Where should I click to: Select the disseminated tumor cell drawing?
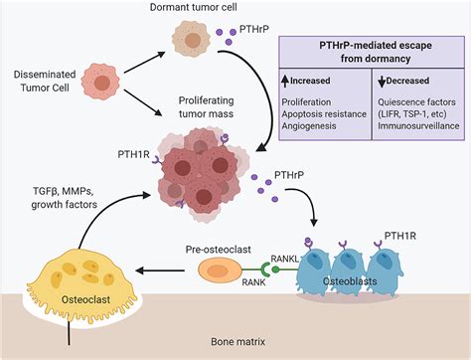coord(100,83)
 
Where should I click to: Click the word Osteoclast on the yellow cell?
coord(85,299)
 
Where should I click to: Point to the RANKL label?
coord(285,259)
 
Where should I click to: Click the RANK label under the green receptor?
coord(253,282)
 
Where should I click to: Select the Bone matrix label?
coord(238,341)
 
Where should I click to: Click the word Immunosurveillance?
coord(418,126)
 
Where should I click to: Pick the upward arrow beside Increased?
coord(285,82)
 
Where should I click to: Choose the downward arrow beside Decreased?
coord(382,82)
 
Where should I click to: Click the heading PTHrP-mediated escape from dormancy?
coord(376,52)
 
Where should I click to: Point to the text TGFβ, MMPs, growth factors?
coord(65,198)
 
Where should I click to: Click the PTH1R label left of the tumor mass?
coord(134,154)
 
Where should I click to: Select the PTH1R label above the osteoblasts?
coord(400,236)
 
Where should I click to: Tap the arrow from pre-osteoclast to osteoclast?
coord(160,270)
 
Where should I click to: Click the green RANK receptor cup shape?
coord(265,270)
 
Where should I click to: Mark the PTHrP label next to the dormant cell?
coord(253,29)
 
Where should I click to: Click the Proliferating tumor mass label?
coord(206,106)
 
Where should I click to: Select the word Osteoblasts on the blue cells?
coord(350,281)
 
